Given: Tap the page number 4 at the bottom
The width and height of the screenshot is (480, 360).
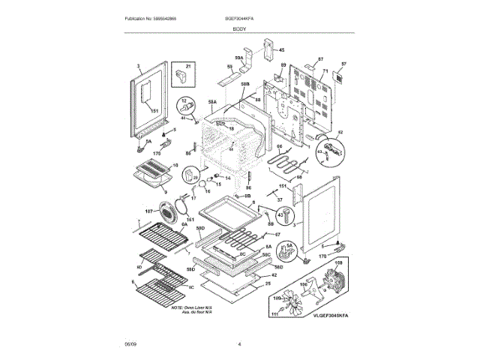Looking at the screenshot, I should click(x=239, y=344).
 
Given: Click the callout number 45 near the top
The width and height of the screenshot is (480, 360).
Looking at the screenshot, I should click(x=282, y=50).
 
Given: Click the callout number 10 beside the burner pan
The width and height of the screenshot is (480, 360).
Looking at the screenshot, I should click(x=176, y=166).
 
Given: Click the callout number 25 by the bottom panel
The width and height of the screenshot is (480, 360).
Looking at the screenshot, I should click(x=267, y=283).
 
